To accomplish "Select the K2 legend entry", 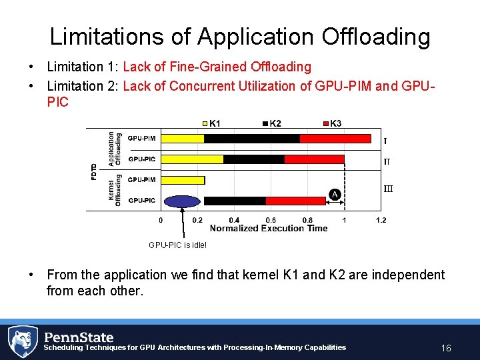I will [272, 123].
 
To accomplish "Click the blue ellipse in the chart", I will [183, 201].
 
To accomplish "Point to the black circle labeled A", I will [335, 194].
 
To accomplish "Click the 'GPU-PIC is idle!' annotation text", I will [177, 245].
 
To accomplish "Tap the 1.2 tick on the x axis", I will [380, 220].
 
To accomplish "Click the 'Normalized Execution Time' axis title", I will [269, 228].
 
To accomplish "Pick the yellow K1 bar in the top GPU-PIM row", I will [183, 139].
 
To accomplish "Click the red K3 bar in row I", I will [335, 139].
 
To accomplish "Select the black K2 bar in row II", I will [254, 159].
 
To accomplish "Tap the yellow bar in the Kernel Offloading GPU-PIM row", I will [183, 180].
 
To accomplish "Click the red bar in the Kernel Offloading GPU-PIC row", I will [295, 201].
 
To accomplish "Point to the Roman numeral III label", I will [388, 189].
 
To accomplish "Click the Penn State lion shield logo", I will [23, 342].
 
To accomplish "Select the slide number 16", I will [446, 348].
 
